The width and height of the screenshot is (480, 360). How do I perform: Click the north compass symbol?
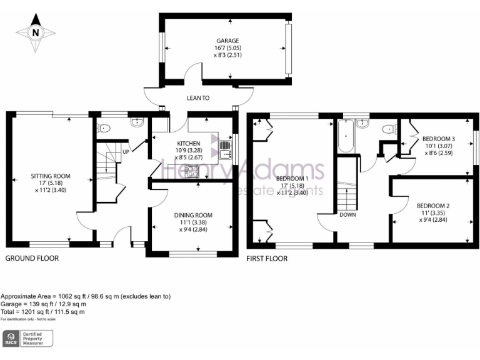[x=34, y=32]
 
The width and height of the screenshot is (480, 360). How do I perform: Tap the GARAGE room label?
[x=227, y=41]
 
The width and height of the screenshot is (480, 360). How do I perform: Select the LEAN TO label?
[x=197, y=98]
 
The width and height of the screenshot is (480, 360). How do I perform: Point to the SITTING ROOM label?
[x=51, y=177]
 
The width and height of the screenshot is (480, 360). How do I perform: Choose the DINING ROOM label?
[x=194, y=215]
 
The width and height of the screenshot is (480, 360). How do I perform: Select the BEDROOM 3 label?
[x=438, y=139]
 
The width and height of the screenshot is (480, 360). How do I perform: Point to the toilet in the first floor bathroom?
[x=389, y=129]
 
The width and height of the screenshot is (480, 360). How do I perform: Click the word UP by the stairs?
[x=126, y=152]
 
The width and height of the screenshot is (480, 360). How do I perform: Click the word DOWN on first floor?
[x=348, y=214]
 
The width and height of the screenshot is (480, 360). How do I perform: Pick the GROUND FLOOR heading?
[x=32, y=258]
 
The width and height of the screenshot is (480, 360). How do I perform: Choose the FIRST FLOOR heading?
[x=267, y=258]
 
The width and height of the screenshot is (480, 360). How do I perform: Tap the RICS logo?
[x=11, y=339]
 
